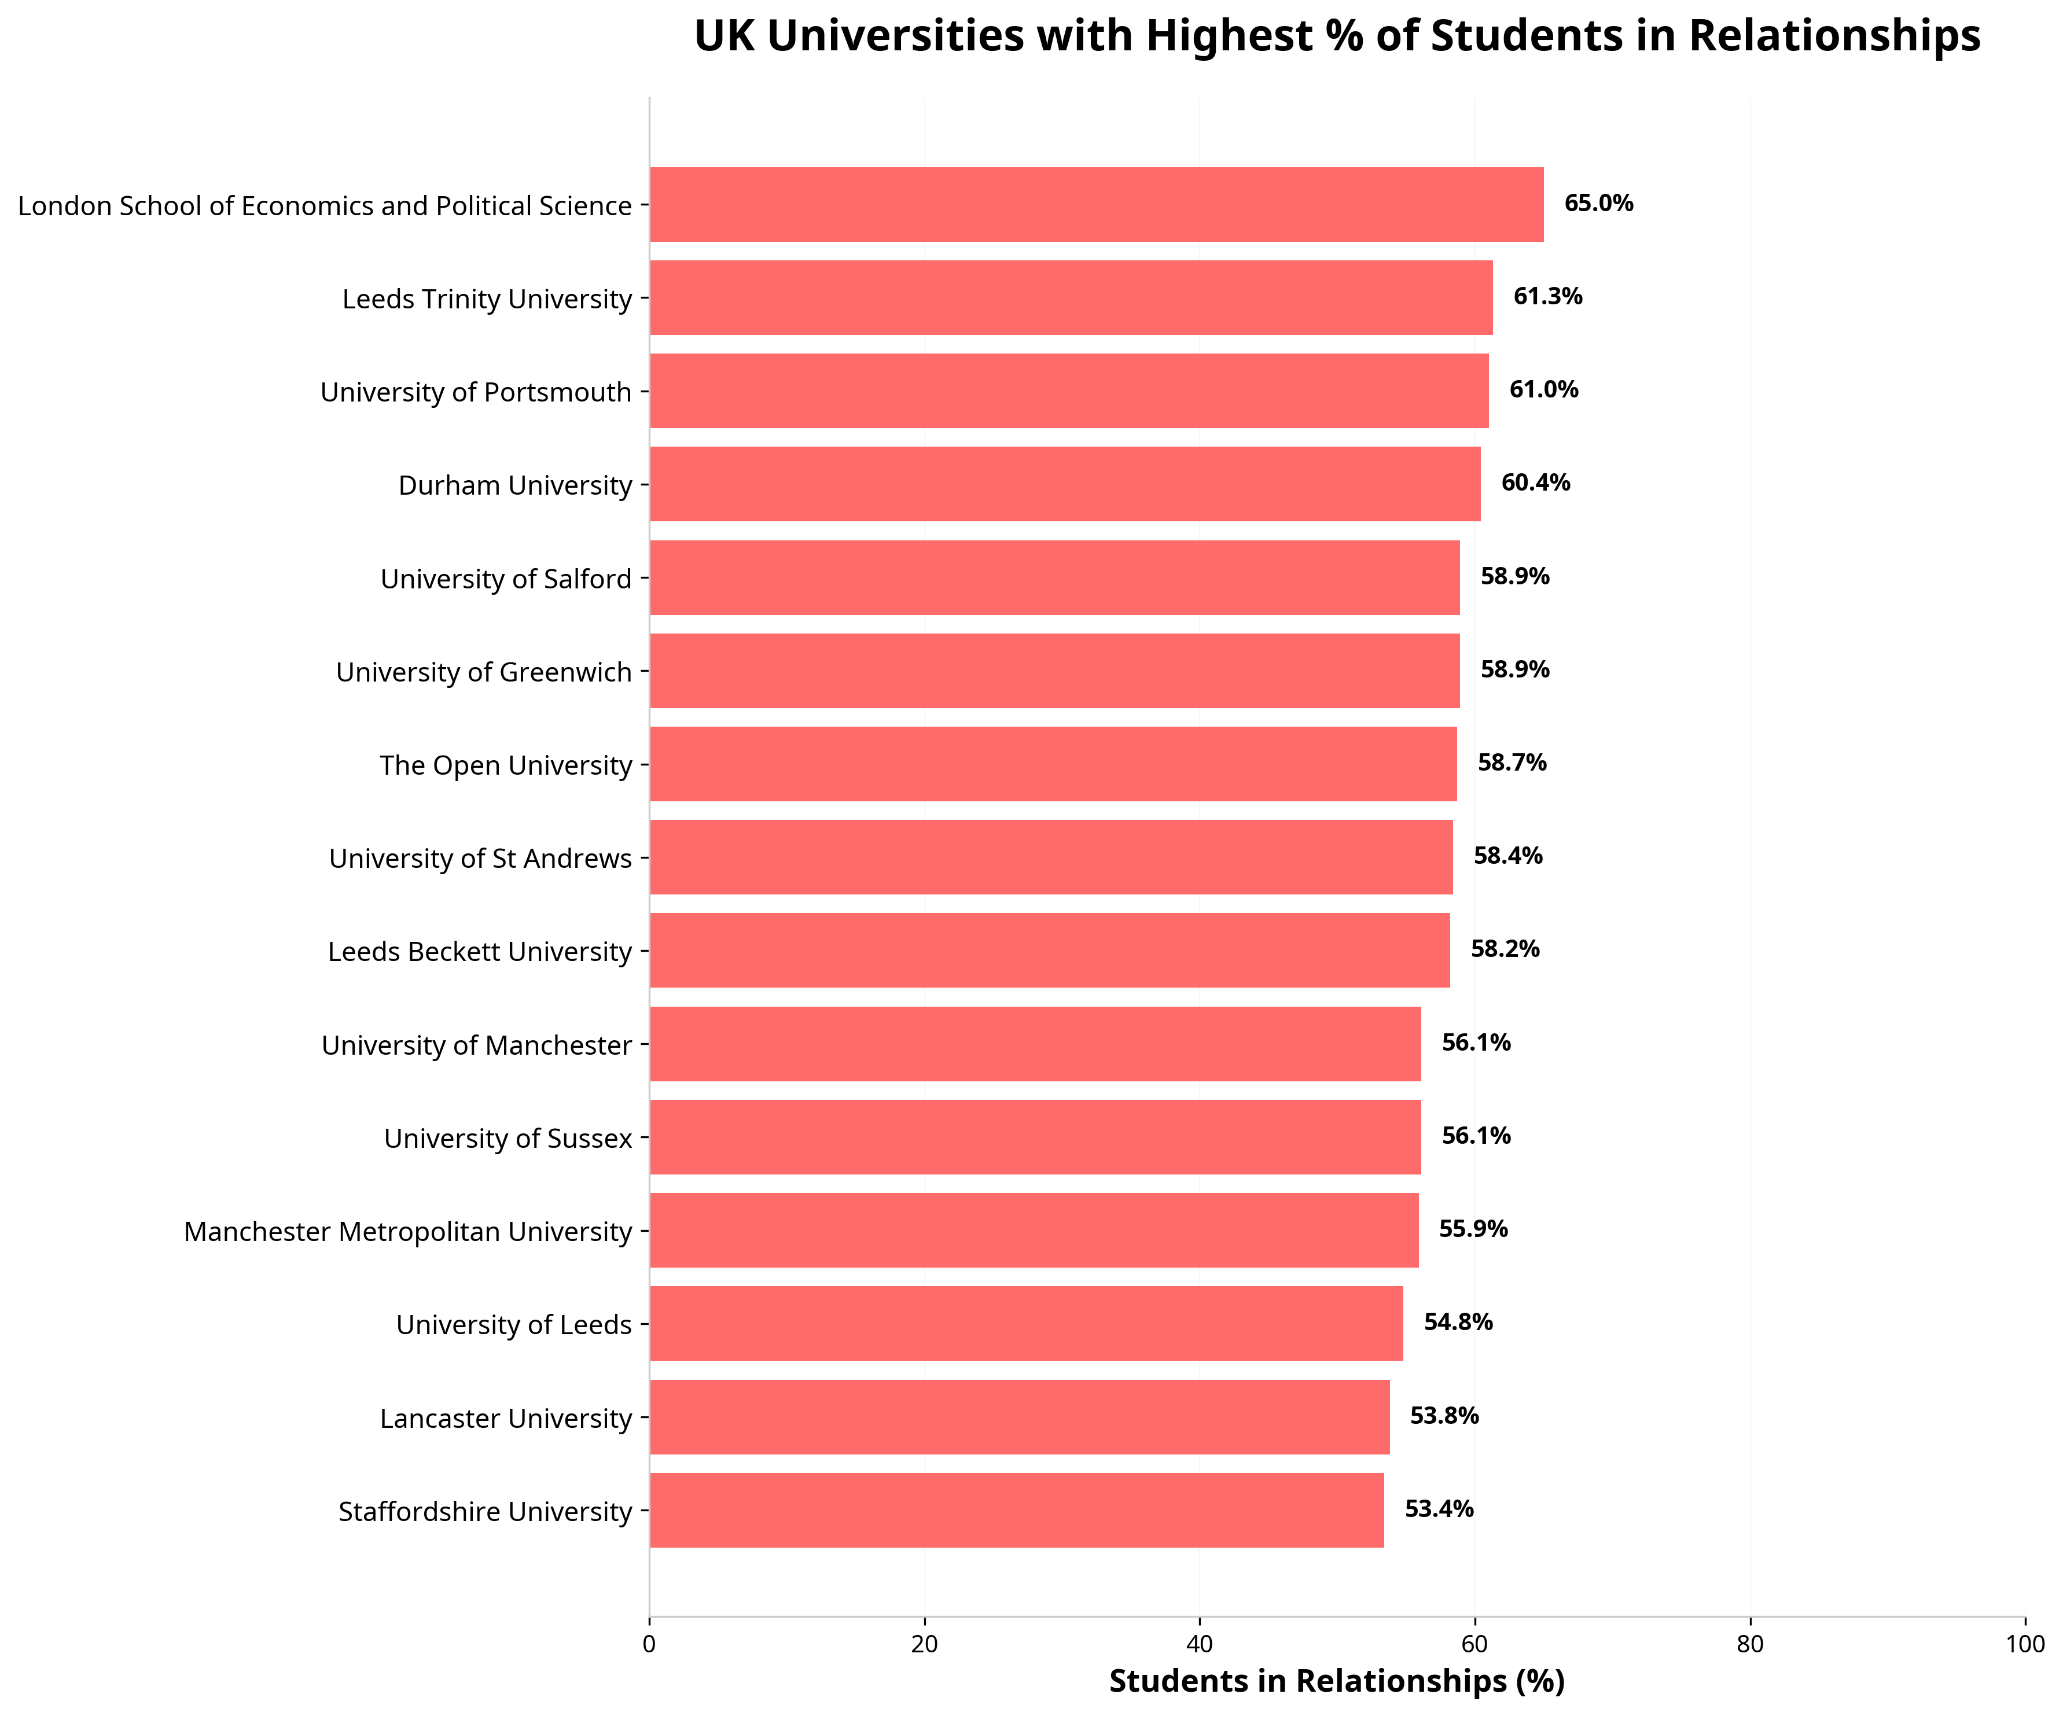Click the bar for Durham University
coord(1064,484)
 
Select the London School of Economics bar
coord(1097,204)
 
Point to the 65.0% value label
coord(1598,203)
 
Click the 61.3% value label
coord(1547,297)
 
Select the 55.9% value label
coord(1473,1229)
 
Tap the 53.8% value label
coord(1444,1415)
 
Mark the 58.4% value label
coord(1507,856)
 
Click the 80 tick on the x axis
coord(1749,1645)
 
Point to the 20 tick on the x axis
coord(924,1645)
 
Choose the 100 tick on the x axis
coord(2024,1645)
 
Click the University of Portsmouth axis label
coord(476,392)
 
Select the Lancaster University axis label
coord(505,1419)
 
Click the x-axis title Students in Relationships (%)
coord(1336,1682)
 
